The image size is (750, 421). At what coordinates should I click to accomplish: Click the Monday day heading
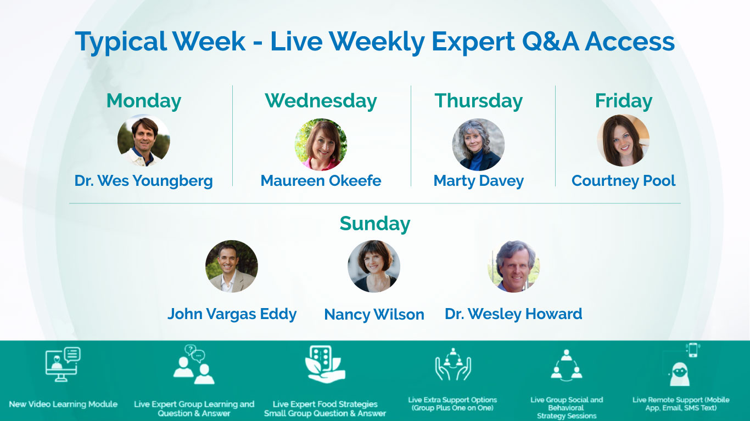144,101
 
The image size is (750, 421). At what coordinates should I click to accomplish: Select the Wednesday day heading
321,101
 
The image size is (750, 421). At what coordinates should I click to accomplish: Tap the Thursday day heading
478,101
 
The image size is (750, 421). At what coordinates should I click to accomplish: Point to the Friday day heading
623,101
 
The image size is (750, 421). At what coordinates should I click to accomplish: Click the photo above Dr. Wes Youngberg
144,140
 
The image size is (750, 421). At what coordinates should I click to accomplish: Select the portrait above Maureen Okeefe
321,145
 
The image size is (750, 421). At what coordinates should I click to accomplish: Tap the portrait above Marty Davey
478,145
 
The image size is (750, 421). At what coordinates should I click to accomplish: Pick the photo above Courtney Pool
623,140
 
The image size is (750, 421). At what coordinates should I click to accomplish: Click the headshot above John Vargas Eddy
232,266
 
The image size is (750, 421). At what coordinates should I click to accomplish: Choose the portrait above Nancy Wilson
374,266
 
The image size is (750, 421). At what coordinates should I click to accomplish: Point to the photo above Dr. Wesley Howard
513,266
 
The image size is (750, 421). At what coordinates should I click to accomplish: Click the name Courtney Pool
623,181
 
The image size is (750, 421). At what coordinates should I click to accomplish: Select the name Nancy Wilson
374,314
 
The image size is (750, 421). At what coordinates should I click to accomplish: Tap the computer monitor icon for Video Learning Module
63,365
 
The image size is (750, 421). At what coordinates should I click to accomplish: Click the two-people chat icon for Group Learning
194,365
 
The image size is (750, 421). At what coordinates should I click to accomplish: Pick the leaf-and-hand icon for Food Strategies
325,365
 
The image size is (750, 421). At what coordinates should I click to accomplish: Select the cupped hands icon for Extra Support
452,365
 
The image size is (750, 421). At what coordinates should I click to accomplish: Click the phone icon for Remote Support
692,350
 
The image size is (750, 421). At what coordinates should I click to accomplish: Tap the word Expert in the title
473,42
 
